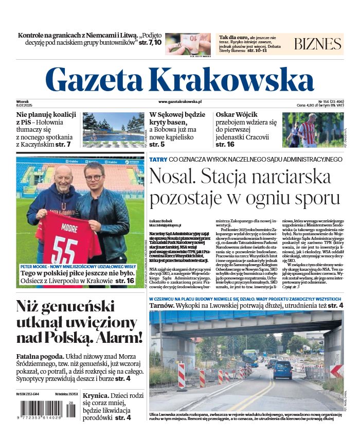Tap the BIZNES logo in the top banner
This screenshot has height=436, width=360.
tap(318, 44)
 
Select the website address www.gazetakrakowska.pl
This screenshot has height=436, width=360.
tap(180, 102)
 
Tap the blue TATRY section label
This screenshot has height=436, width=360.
tap(158, 160)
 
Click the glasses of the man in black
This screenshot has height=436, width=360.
tap(94, 178)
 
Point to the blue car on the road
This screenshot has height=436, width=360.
tap(282, 369)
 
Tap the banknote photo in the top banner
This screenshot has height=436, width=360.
tap(188, 43)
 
